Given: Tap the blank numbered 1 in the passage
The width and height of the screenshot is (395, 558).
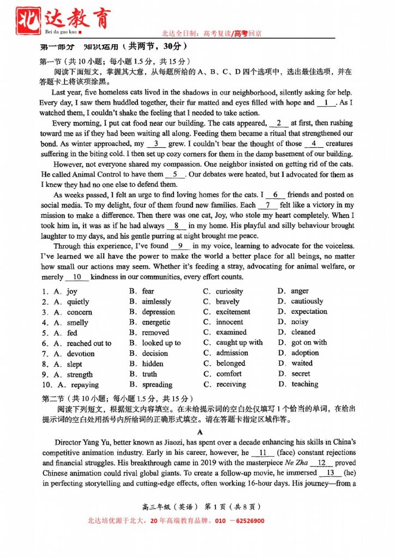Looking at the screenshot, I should click(326, 102).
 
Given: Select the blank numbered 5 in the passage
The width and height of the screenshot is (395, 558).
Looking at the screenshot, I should click(175, 174).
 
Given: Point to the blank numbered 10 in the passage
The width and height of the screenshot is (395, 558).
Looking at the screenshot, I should click(76, 277).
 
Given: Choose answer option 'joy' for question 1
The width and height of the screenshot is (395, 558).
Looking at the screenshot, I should click(72, 292).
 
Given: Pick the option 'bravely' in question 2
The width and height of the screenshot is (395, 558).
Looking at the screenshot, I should click(228, 302).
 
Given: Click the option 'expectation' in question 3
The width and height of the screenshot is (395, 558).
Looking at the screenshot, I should click(309, 312).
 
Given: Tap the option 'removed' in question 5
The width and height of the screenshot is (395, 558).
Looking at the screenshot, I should click(155, 332).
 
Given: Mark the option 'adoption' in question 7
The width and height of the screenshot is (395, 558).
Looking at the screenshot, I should click(305, 353).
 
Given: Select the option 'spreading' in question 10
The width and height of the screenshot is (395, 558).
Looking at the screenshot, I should click(157, 385).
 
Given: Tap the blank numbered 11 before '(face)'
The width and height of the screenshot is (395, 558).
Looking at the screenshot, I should click(263, 453).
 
